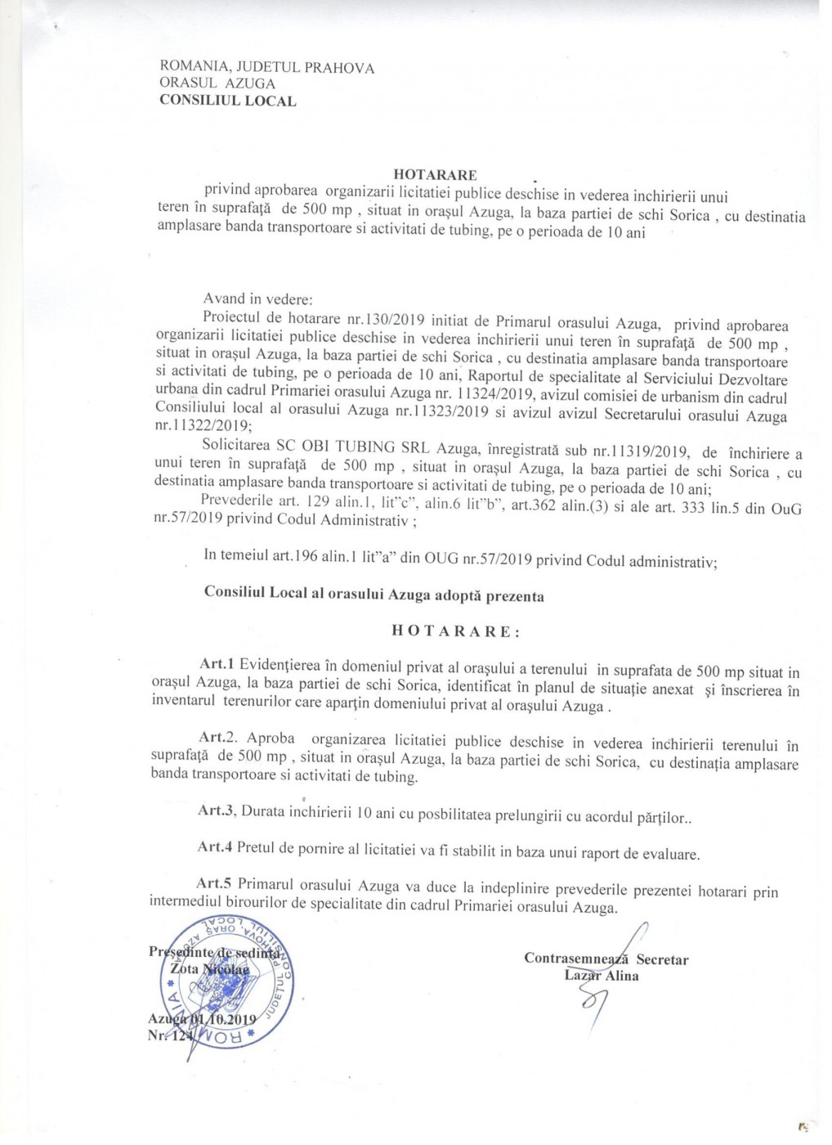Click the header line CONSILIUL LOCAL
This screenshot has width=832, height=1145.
coord(228,101)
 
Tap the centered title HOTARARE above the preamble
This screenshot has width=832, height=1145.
coord(435,174)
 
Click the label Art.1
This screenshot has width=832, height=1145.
coord(217,663)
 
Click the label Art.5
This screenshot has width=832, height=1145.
coord(215,884)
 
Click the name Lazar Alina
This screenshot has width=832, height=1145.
coord(602,975)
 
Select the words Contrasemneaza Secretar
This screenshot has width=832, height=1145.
coord(606,959)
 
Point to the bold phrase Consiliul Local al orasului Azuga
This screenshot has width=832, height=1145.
coord(317,595)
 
